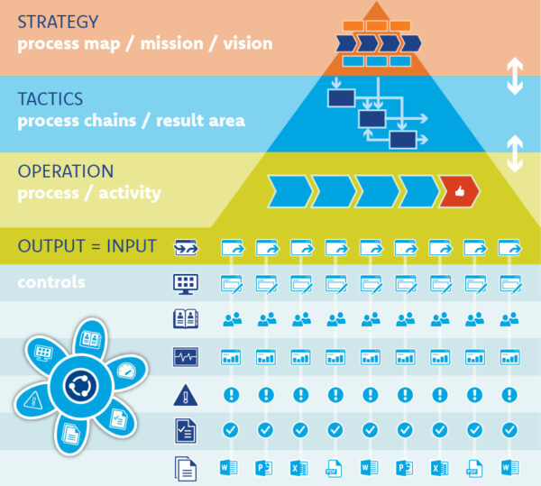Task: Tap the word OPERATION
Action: (66, 171)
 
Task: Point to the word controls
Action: (51, 282)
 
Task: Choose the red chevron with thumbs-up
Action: (460, 192)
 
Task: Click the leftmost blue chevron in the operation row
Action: (289, 192)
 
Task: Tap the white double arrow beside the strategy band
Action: (515, 78)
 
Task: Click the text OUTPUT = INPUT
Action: (87, 246)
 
